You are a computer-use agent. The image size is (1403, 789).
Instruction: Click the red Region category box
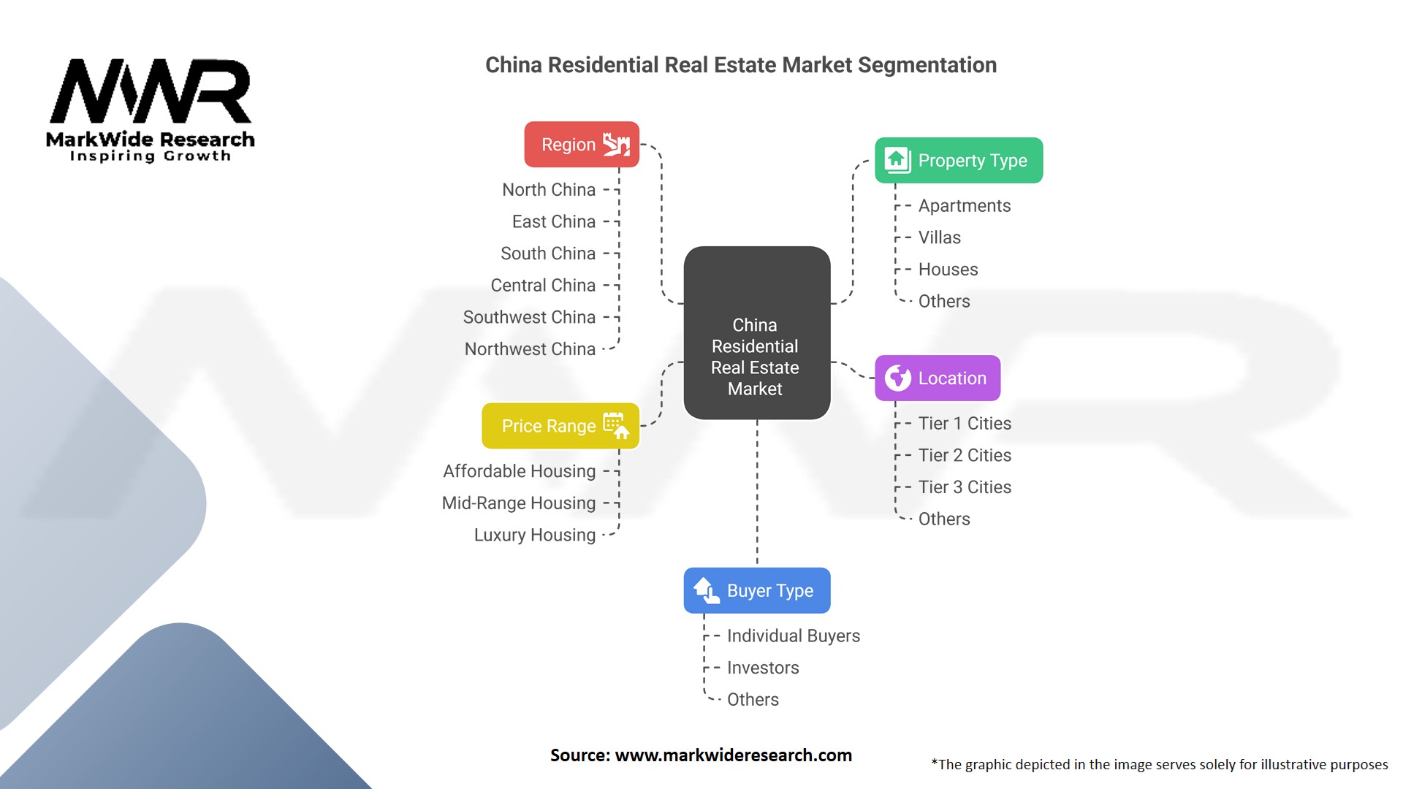pyautogui.click(x=582, y=145)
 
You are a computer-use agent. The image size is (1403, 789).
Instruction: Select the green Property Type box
pyautogui.click(x=959, y=160)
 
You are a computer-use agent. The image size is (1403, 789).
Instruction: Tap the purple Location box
pyautogui.click(x=938, y=378)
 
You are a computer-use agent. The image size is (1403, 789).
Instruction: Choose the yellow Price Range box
pyautogui.click(x=560, y=426)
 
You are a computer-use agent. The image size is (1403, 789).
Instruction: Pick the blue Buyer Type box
pyautogui.click(x=757, y=590)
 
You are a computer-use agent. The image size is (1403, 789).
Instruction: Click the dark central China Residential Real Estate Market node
pyautogui.click(x=757, y=333)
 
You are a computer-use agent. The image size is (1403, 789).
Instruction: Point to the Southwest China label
pyautogui.click(x=529, y=317)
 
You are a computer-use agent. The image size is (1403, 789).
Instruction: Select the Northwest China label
pyautogui.click(x=530, y=349)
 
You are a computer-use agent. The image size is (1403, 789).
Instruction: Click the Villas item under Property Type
pyautogui.click(x=940, y=237)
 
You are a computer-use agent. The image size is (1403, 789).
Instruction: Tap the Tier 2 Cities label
pyautogui.click(x=965, y=455)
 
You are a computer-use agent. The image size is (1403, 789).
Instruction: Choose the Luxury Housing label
pyautogui.click(x=535, y=535)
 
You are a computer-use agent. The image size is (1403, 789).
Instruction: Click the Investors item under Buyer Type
pyautogui.click(x=763, y=668)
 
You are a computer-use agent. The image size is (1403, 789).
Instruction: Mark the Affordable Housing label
pyautogui.click(x=520, y=471)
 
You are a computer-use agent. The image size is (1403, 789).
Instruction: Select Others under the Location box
pyautogui.click(x=944, y=519)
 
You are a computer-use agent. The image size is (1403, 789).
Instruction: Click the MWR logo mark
pyautogui.click(x=151, y=91)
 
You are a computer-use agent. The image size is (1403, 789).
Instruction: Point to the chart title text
pyautogui.click(x=741, y=65)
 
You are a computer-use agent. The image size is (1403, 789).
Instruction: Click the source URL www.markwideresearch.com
pyautogui.click(x=734, y=755)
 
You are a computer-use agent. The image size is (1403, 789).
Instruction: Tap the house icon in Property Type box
pyautogui.click(x=897, y=160)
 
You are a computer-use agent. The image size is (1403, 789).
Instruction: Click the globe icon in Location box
pyautogui.click(x=898, y=378)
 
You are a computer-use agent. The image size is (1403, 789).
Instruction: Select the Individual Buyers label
pyautogui.click(x=794, y=636)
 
